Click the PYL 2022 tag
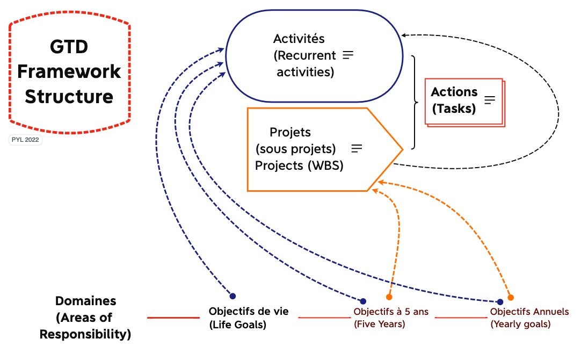pyautogui.click(x=26, y=140)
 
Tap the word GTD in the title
pyautogui.click(x=69, y=47)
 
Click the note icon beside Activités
pyautogui.click(x=348, y=55)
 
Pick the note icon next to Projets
pyautogui.click(x=357, y=148)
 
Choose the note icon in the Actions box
pyautogui.click(x=490, y=100)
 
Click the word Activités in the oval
pyautogui.click(x=299, y=39)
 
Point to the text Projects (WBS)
pyautogui.click(x=299, y=165)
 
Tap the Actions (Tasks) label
pyautogui.click(x=454, y=100)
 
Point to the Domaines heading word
pyautogui.click(x=86, y=301)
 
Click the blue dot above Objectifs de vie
pyautogui.click(x=233, y=296)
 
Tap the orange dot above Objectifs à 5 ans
pyautogui.click(x=389, y=297)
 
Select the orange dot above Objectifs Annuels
pyautogui.click(x=511, y=297)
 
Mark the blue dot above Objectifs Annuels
pyautogui.click(x=500, y=302)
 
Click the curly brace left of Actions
pyautogui.click(x=415, y=102)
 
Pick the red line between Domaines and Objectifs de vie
pyautogui.click(x=173, y=318)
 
